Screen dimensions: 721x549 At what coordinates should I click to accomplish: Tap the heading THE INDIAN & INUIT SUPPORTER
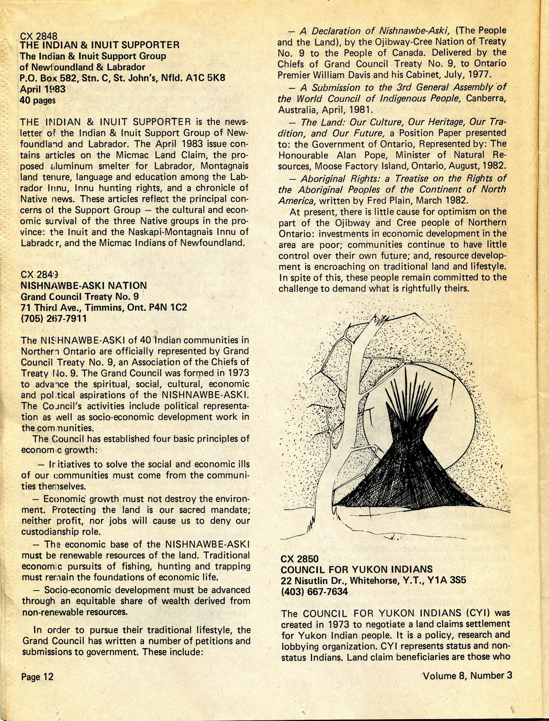tap(100, 45)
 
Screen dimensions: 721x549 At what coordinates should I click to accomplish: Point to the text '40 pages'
tap(37, 100)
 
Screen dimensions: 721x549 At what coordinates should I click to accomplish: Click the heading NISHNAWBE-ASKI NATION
tap(84, 286)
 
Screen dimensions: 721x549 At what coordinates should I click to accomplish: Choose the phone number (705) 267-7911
tap(54, 318)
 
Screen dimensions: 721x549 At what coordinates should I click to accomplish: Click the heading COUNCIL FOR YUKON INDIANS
tap(357, 569)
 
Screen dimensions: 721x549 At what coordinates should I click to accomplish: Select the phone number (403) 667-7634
tap(314, 592)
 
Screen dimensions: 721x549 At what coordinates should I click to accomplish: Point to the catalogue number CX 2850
tap(300, 559)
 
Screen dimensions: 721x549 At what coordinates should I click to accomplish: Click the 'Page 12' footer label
tap(37, 677)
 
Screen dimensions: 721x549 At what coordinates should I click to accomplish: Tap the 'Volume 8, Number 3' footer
tap(467, 676)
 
